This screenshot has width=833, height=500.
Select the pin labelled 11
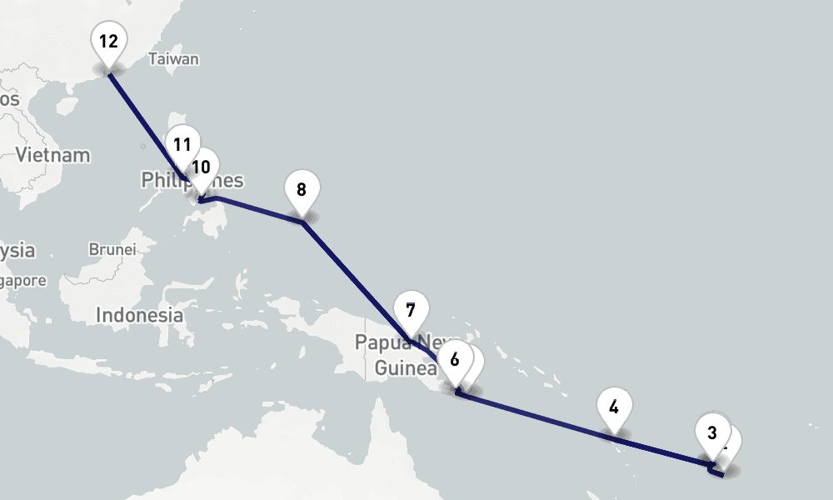pyautogui.click(x=182, y=144)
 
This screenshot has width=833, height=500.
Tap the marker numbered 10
pyautogui.click(x=201, y=167)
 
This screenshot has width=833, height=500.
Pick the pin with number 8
pyautogui.click(x=302, y=189)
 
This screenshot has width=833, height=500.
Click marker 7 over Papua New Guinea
pyautogui.click(x=411, y=311)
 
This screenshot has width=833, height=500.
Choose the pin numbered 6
pyautogui.click(x=454, y=360)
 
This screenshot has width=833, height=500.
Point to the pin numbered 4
pyautogui.click(x=614, y=407)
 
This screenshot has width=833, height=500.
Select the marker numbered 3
pyautogui.click(x=711, y=432)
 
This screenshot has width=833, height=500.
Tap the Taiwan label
pyautogui.click(x=173, y=59)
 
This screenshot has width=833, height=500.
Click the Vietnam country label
pyautogui.click(x=52, y=155)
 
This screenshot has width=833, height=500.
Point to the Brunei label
pyautogui.click(x=112, y=249)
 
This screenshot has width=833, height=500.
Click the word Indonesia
pyautogui.click(x=140, y=315)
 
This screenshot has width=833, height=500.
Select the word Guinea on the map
pyautogui.click(x=406, y=368)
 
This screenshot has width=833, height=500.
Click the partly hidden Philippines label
pyautogui.click(x=158, y=180)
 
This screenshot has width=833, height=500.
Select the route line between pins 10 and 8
pyautogui.click(x=258, y=209)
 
